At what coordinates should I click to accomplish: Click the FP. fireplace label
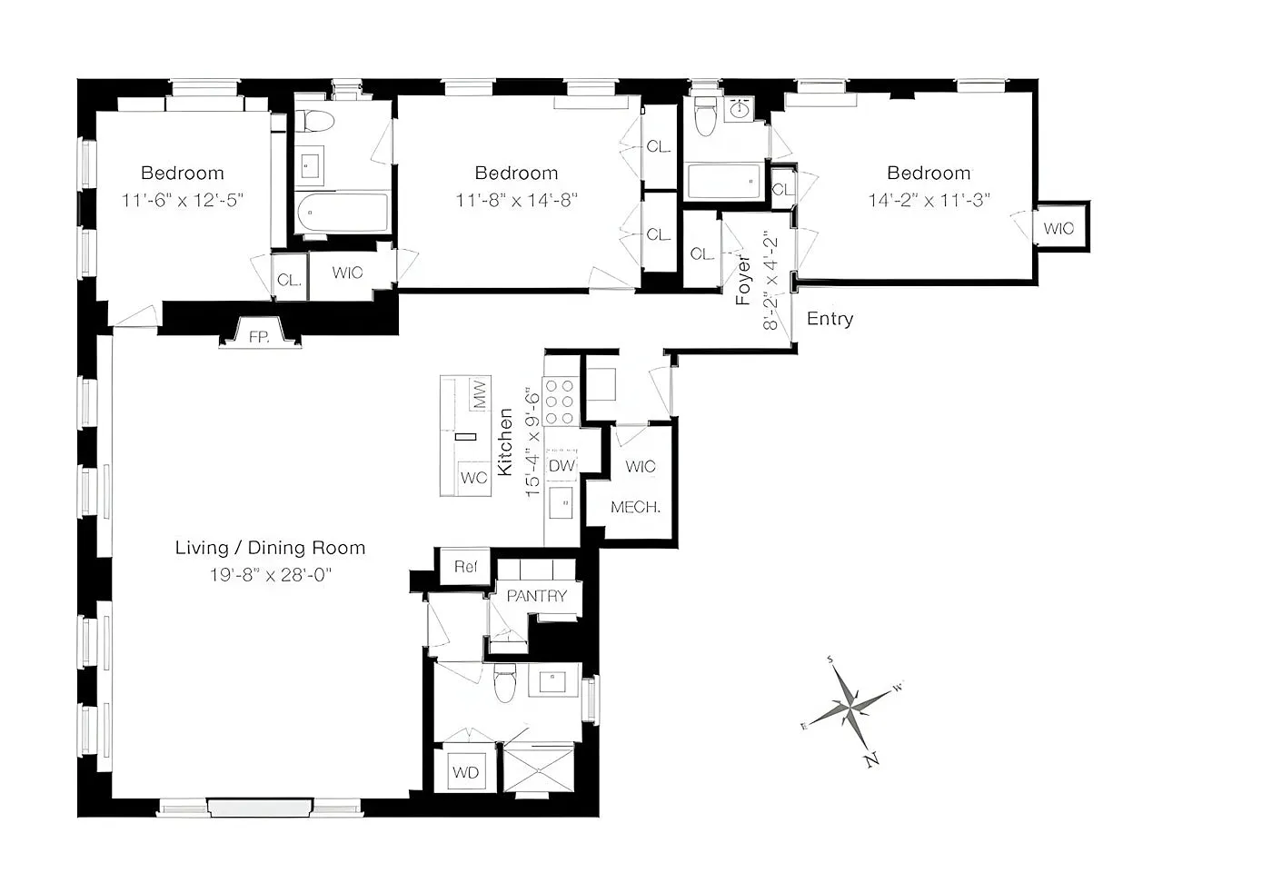pos(259,337)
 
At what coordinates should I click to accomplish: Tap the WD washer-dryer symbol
pos(465,771)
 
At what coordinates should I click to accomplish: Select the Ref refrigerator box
pos(465,567)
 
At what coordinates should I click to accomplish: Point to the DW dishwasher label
pos(561,466)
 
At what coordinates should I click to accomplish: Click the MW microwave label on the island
pos(480,394)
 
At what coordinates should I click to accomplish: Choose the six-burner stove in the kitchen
pos(561,402)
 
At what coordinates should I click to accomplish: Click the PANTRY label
pos(537,596)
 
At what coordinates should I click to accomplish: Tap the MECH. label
pos(635,507)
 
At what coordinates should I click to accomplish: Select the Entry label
pos(830,319)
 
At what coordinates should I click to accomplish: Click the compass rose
pos(850,709)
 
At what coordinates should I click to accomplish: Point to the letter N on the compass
pos(872,759)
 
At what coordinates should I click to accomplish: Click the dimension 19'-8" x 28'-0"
pos(271,575)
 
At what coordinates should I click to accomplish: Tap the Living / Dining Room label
pos(271,548)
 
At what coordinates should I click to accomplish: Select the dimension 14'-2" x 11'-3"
pos(929,201)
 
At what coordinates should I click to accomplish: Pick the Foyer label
pos(743,281)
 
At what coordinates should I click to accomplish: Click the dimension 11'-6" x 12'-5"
pos(183,201)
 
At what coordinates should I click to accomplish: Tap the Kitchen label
pos(505,442)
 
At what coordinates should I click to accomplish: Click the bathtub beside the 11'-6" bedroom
pos(343,213)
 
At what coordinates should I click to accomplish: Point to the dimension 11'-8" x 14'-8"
pos(517,201)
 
